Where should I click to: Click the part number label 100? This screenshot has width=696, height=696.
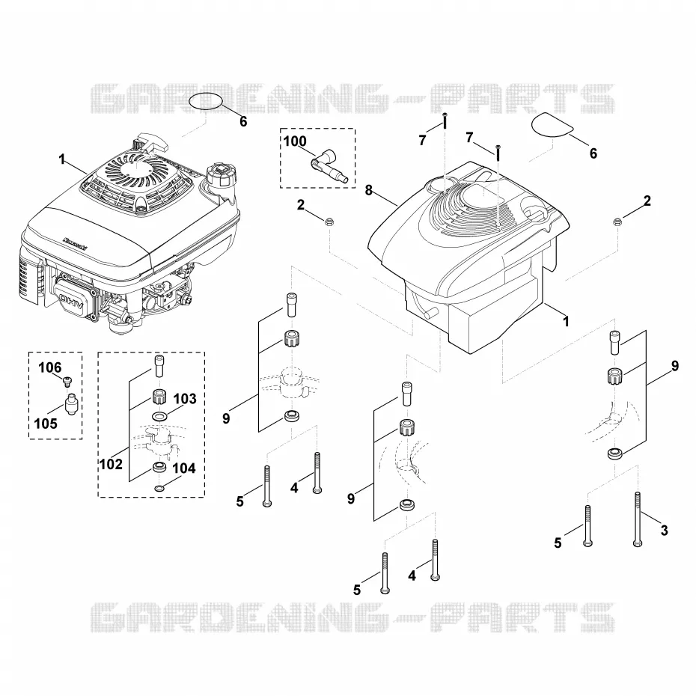[295, 141]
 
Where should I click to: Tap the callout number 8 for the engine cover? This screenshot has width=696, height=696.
[369, 190]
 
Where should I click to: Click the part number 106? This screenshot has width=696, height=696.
[49, 367]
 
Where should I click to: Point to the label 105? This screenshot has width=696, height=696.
[46, 424]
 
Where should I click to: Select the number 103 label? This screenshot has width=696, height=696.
[185, 399]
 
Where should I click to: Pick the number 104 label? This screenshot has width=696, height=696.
[184, 468]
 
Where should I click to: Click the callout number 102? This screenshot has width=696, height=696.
[111, 464]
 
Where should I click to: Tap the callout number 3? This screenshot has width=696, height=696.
[665, 530]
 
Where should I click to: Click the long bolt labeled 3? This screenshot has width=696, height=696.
[638, 519]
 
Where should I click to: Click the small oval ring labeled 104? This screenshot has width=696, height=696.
[159, 489]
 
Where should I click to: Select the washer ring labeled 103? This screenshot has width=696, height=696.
[157, 417]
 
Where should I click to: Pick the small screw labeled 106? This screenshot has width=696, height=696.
[68, 380]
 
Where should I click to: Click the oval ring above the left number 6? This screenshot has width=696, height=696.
[206, 102]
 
